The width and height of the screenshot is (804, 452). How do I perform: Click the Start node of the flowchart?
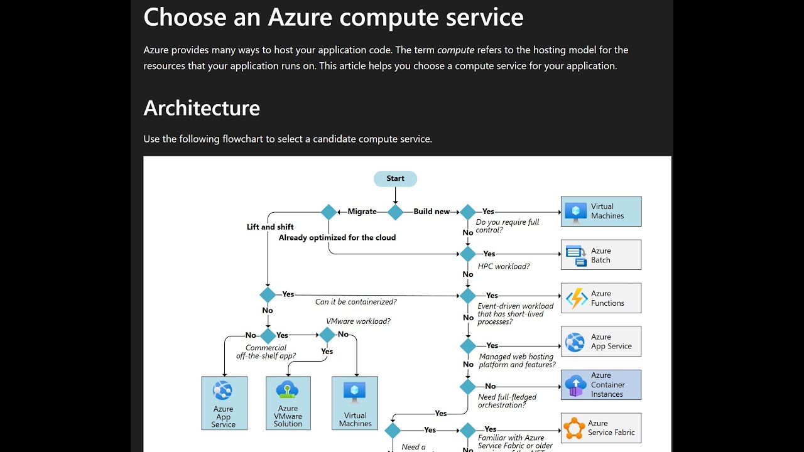coord(395,179)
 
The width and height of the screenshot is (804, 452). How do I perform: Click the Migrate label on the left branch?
coord(362,212)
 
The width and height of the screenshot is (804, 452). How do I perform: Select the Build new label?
coord(432,212)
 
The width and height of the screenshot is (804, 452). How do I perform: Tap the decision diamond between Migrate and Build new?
coord(395,212)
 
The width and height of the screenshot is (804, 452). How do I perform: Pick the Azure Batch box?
coord(600,255)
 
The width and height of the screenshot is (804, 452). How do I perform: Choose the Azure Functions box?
coord(600,298)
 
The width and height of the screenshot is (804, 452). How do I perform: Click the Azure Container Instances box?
coord(600,385)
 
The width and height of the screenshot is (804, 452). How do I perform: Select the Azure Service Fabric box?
coord(600,428)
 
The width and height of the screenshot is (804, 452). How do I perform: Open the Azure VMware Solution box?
coord(288,403)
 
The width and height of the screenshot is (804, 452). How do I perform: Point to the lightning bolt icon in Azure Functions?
coord(576,298)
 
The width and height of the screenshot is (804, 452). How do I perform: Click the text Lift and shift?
coord(270,227)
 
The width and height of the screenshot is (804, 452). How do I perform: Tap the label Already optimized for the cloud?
coord(337,237)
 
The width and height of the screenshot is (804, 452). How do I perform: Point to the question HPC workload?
coord(503,266)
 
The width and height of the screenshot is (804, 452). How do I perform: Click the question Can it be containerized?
coord(356,302)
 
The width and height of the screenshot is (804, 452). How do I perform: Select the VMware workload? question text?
coord(358,321)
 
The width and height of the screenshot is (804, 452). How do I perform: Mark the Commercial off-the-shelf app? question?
coord(266,352)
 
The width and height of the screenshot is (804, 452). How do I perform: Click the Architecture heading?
coord(202,108)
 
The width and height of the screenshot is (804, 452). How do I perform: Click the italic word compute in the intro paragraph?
coord(455,50)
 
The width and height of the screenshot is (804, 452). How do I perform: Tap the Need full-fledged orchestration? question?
coord(507,401)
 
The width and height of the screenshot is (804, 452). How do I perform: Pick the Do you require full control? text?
coord(507,226)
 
